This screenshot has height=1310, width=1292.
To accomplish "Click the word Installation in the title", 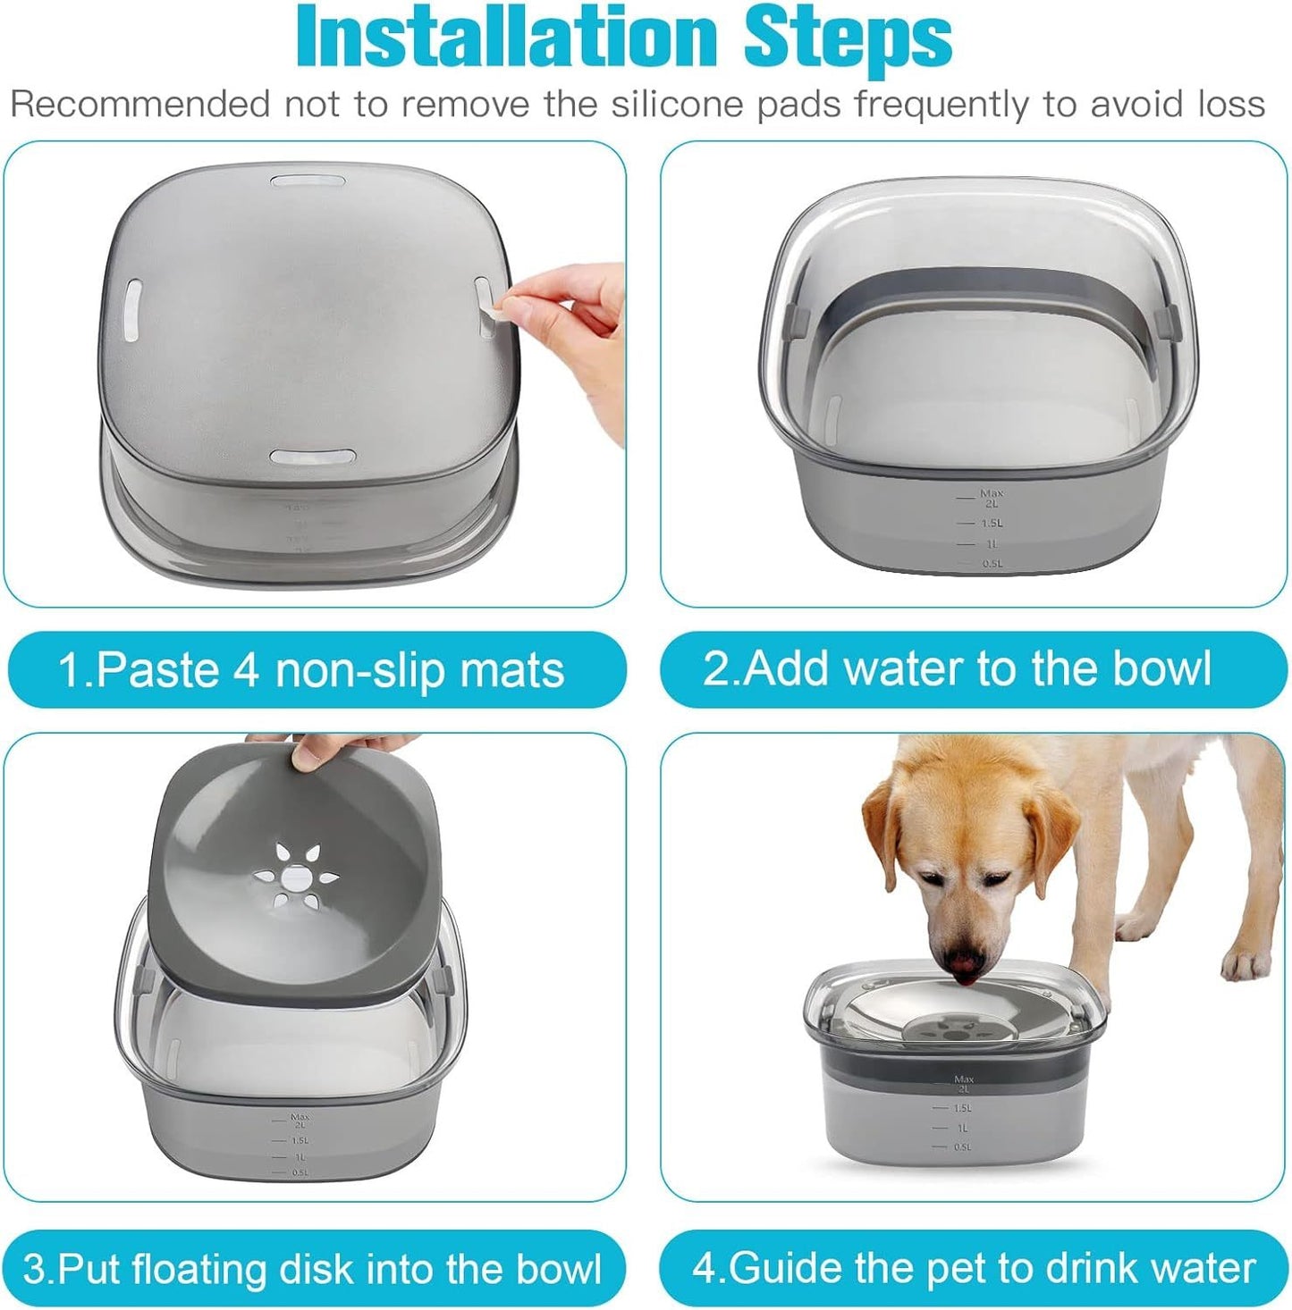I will (506, 38).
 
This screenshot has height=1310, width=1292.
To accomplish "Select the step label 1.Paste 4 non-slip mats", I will (311, 670).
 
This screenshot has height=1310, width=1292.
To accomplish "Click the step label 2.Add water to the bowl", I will (957, 668).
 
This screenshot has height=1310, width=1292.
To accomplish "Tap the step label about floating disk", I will (311, 1269).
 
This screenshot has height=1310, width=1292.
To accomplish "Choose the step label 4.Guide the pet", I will (973, 1268).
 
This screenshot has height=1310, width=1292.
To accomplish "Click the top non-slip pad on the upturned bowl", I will (308, 181).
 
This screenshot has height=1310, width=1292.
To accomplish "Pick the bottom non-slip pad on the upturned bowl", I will (308, 458).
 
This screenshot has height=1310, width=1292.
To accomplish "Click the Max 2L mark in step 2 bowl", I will (991, 498).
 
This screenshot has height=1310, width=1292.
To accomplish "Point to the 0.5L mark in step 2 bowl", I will (992, 564).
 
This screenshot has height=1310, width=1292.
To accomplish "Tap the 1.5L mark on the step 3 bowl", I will (300, 1140).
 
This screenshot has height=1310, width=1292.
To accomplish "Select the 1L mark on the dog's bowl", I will (962, 1128).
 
